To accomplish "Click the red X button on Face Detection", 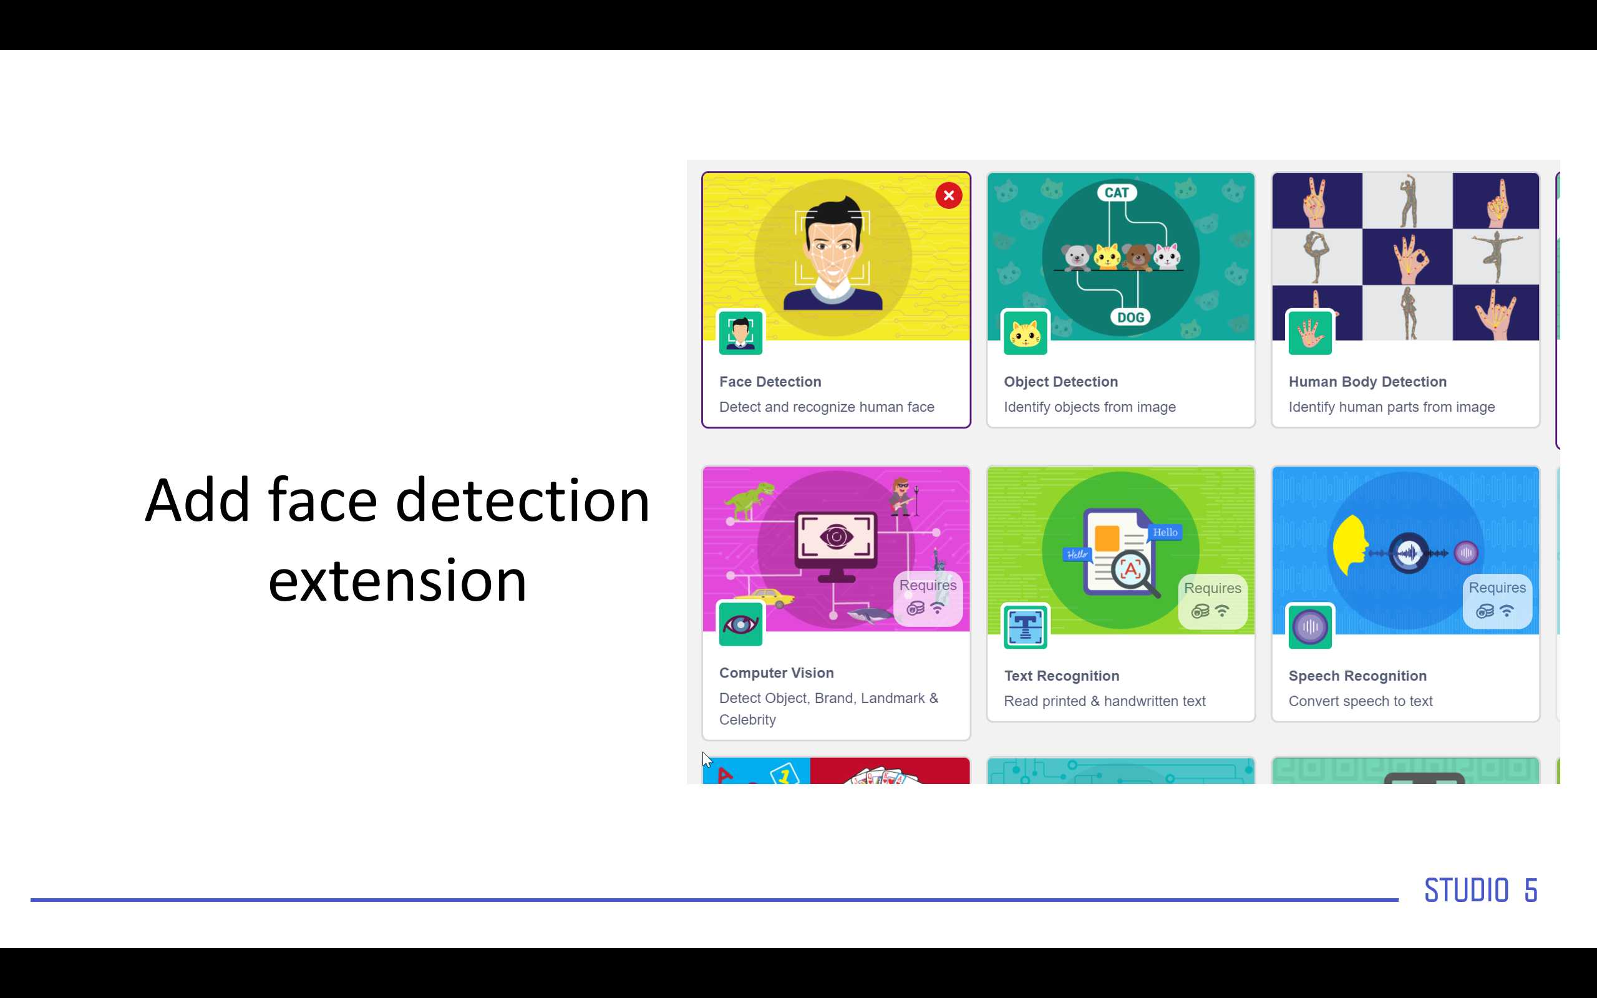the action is click(x=948, y=195).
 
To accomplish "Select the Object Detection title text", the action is click(x=1061, y=382).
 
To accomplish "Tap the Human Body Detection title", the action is click(x=1367, y=382).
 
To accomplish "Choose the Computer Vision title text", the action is click(x=776, y=672).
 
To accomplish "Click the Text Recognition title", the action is click(x=1061, y=676).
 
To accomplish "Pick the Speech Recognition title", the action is click(x=1357, y=676).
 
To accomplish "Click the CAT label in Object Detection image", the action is click(x=1117, y=193).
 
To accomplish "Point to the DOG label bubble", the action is click(x=1130, y=317).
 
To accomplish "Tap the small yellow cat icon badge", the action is click(x=1025, y=333).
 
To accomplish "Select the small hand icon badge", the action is click(x=1310, y=333).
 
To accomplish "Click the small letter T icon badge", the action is click(x=1025, y=627).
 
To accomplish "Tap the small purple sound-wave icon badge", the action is click(x=1310, y=627).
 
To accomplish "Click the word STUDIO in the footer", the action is click(x=1467, y=891).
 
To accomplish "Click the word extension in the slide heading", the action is click(x=397, y=581).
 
